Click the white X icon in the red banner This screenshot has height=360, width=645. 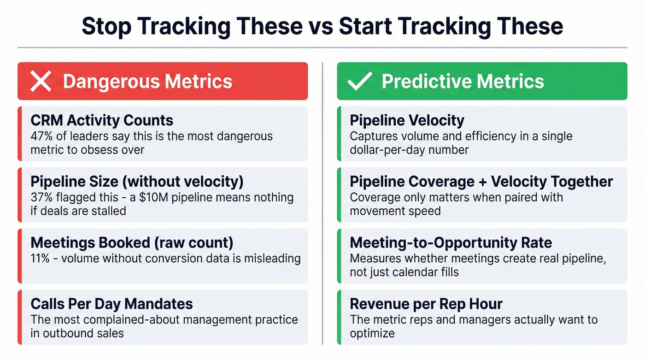tap(41, 82)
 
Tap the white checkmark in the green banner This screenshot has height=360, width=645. tap(360, 81)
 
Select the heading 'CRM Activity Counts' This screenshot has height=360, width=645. tap(102, 121)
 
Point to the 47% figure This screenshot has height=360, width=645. tap(41, 136)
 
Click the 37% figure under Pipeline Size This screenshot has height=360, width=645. tap(41, 197)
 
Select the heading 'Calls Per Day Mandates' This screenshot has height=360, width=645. tap(111, 304)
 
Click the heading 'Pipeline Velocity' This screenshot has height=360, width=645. tap(407, 121)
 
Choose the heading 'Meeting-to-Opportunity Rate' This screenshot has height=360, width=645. tap(451, 243)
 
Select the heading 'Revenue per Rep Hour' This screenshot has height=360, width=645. tap(426, 304)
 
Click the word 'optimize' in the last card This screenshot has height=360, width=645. tap(372, 333)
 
